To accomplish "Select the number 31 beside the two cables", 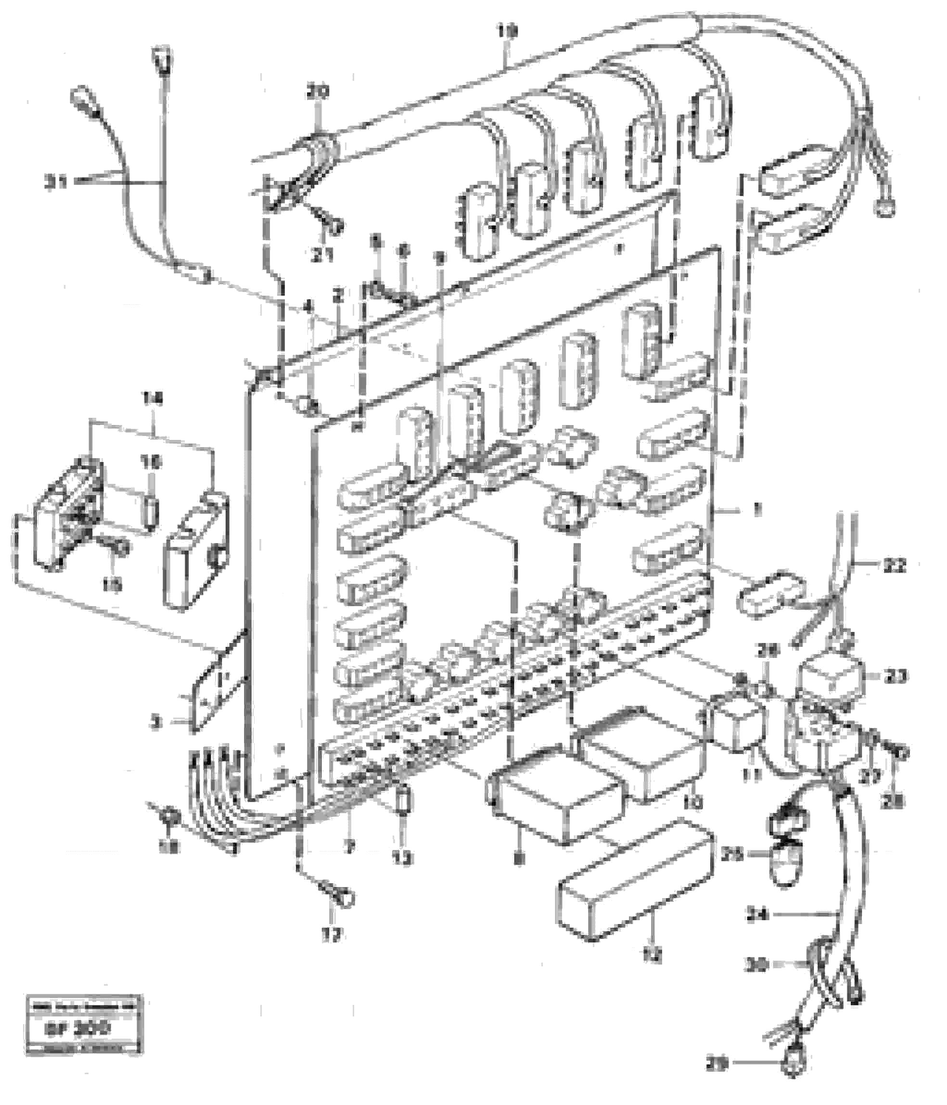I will pos(56,182).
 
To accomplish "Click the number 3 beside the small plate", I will pos(155,724).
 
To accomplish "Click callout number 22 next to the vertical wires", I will pos(894,565).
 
